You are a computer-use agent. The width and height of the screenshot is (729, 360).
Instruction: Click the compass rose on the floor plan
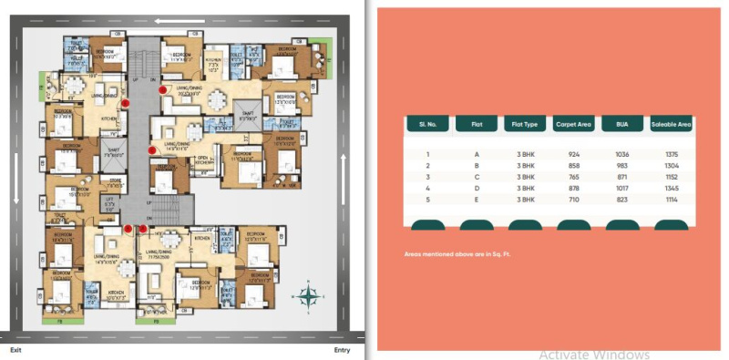(x=309, y=294)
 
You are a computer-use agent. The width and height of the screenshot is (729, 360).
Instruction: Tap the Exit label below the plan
(x=15, y=350)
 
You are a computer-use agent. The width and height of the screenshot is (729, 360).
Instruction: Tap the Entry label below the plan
(x=342, y=350)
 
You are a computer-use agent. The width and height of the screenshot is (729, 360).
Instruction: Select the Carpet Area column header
(x=574, y=124)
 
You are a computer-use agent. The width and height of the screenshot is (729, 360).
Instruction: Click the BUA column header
(x=622, y=124)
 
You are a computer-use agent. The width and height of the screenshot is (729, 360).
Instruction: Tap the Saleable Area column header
(x=672, y=124)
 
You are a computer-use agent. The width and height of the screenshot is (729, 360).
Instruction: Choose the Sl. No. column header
(x=428, y=124)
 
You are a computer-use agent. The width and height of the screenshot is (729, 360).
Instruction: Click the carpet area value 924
(x=574, y=155)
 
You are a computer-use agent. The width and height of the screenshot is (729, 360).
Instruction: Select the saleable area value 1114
(x=672, y=199)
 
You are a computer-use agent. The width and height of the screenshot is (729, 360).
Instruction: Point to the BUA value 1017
(x=622, y=188)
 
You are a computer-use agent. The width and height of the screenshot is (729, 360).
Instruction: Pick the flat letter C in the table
(x=477, y=177)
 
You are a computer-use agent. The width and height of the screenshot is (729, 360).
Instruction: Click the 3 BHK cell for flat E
(x=525, y=199)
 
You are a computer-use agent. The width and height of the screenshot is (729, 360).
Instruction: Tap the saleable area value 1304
(x=672, y=166)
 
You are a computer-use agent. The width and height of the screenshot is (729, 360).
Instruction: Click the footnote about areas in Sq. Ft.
(x=457, y=253)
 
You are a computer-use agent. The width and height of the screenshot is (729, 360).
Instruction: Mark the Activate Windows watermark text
(x=593, y=354)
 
